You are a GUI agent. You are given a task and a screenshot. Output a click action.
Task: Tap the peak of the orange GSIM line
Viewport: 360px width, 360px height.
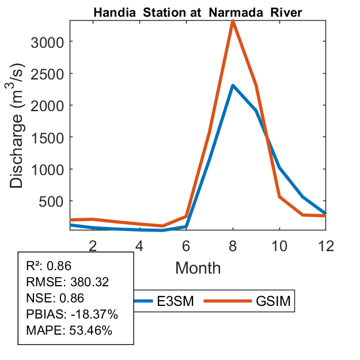[x=232, y=21]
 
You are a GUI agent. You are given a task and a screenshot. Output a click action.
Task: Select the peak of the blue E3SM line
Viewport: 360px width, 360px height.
[x=232, y=86]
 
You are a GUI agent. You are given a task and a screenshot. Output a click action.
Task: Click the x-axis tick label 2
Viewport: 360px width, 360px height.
[x=92, y=245]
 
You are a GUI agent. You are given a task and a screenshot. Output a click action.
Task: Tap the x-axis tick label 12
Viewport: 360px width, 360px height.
[x=327, y=245]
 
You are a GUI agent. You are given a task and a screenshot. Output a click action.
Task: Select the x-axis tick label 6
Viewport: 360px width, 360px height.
[x=186, y=245]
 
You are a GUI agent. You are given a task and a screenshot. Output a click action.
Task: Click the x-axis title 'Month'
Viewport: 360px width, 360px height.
[x=198, y=267]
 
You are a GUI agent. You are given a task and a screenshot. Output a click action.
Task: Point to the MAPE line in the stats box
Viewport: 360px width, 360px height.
[x=69, y=331]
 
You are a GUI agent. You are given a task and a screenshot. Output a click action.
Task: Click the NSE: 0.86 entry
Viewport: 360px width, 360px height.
[x=55, y=298]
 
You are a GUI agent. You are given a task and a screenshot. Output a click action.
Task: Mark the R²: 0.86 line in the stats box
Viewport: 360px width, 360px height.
[x=49, y=266]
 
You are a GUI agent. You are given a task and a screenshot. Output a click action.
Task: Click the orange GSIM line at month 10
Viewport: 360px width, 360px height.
[x=279, y=196]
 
